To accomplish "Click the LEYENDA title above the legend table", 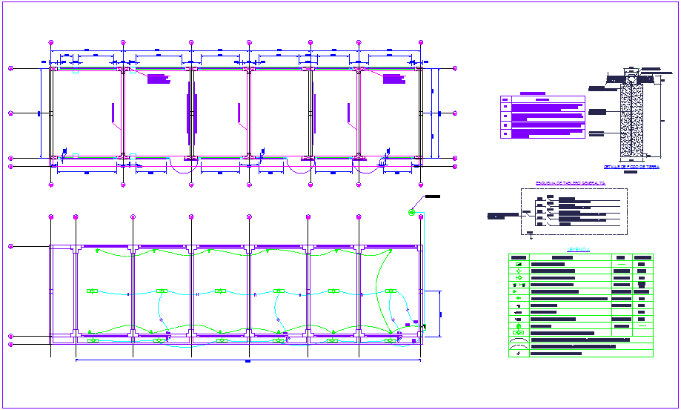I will [579, 250].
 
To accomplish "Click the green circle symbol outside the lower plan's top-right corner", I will [412, 213].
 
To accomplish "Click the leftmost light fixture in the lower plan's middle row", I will [93, 291].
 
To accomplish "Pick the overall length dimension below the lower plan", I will [247, 362].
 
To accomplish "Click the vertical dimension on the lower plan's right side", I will [441, 314].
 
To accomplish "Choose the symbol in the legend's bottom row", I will [518, 354].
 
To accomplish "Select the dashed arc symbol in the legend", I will [518, 346].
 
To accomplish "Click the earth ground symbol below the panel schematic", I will [531, 237].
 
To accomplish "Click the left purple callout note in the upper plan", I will [159, 79].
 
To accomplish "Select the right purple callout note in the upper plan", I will [394, 79].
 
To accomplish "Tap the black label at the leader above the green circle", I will [432, 196].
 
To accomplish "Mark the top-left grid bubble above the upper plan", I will [51, 42].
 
